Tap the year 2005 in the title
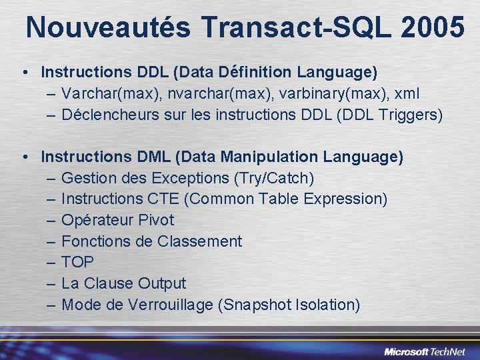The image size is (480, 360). point(433,27)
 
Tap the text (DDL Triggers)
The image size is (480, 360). point(390,115)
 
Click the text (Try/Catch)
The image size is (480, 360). point(274,178)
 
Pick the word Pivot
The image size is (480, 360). point(157,220)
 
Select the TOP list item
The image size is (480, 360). point(77,262)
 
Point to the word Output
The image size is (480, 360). point(162,283)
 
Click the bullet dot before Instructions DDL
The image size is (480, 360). point(23,71)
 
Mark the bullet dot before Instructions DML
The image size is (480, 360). point(23,157)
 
